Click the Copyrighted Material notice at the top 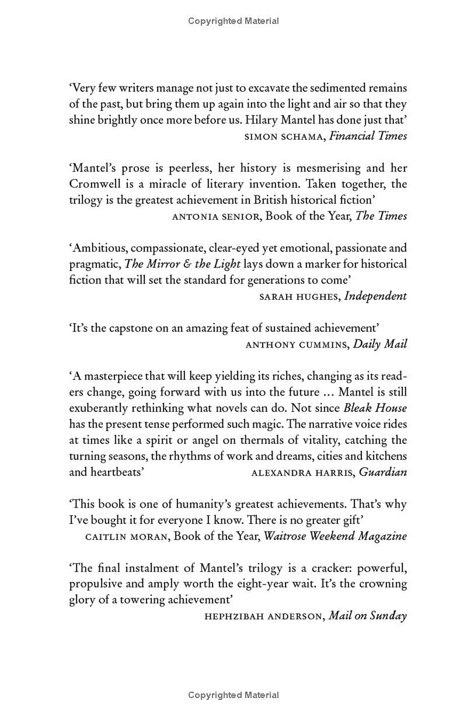[233, 21]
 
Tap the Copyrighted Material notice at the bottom [233, 695]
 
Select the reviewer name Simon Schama [283, 136]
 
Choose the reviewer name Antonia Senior [216, 216]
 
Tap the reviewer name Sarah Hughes [298, 296]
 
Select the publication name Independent [375, 296]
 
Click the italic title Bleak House [375, 408]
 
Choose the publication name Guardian [383, 471]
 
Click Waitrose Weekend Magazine [335, 536]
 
